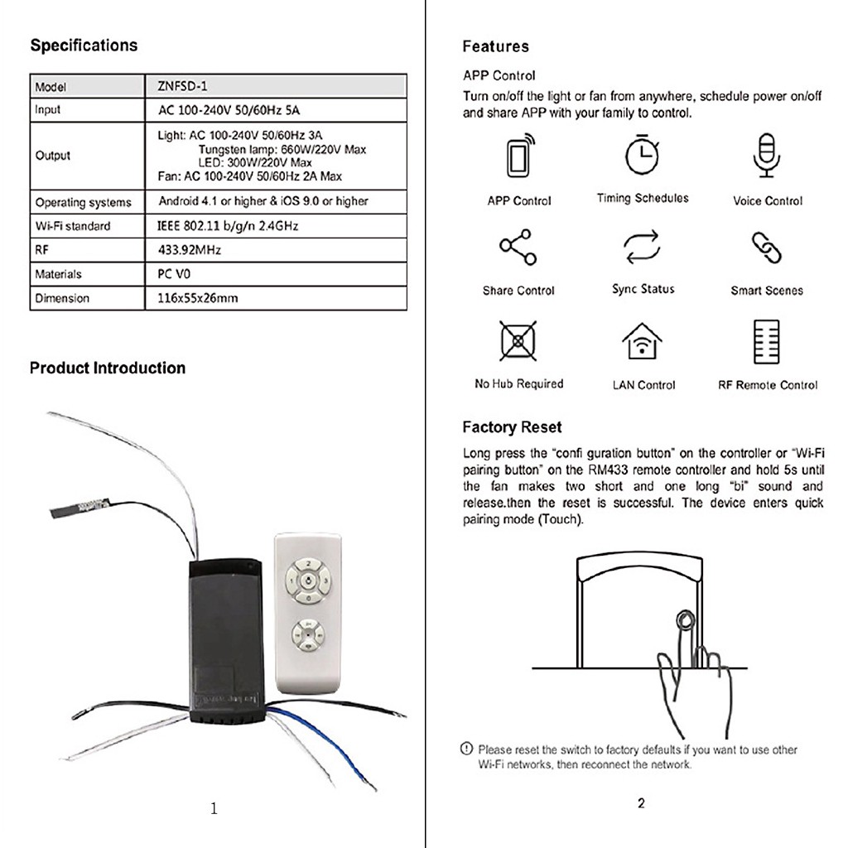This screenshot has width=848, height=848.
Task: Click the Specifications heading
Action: click(84, 46)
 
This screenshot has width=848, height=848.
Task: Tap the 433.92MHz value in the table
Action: click(190, 249)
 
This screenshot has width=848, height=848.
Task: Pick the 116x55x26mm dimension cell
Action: click(197, 297)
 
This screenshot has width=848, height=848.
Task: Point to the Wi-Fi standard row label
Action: click(73, 226)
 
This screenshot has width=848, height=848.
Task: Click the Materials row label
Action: click(59, 274)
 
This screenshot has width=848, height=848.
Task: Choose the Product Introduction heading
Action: click(108, 368)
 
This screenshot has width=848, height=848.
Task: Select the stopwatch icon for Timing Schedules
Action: click(642, 154)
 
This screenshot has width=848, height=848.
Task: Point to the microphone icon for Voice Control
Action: click(767, 155)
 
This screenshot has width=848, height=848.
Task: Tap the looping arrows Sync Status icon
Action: click(643, 247)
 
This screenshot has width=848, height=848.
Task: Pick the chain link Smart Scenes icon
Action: click(766, 248)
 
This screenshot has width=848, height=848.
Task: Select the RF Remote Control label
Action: click(767, 385)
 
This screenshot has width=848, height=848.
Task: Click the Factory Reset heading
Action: click(512, 427)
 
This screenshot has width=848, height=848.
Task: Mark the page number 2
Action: click(641, 802)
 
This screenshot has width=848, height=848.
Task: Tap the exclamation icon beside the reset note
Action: click(467, 749)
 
